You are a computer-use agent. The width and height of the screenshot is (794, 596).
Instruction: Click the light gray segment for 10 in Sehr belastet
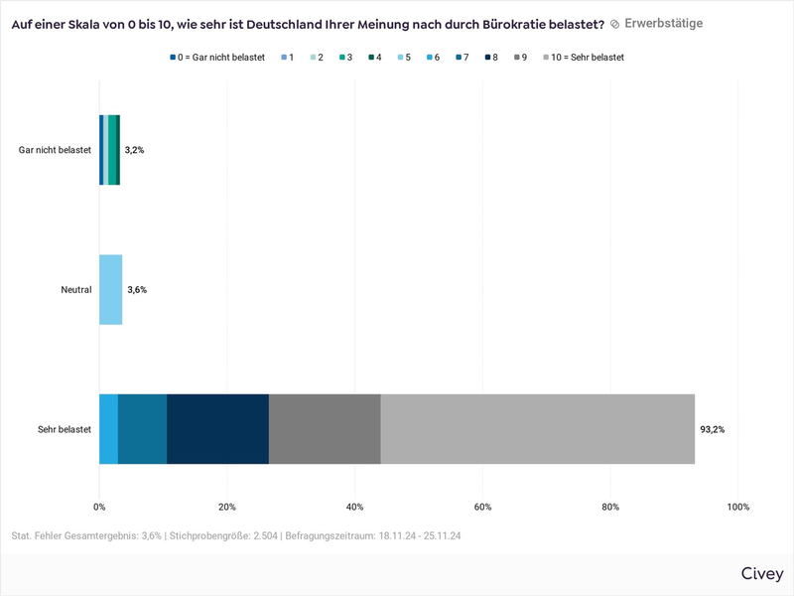click(x=537, y=429)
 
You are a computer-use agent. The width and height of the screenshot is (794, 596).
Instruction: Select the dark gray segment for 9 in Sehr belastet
click(x=325, y=429)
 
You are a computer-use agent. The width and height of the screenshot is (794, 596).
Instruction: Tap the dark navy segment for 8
click(x=217, y=429)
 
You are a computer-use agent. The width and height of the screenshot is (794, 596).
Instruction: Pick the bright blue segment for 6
click(x=108, y=429)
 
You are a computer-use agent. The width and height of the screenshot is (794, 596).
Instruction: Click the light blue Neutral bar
click(x=110, y=290)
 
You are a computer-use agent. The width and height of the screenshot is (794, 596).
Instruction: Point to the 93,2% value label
click(x=713, y=429)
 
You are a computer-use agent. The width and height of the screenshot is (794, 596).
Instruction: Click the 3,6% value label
click(x=137, y=290)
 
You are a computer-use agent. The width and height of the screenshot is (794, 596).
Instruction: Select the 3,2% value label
click(x=134, y=150)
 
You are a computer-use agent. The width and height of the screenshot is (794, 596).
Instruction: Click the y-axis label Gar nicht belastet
click(x=55, y=150)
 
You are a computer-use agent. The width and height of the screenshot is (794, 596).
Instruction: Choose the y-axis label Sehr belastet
click(x=65, y=429)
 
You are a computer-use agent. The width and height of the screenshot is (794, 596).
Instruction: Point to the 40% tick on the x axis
click(x=355, y=507)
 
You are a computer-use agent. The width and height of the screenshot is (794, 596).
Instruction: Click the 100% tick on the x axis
click(x=738, y=507)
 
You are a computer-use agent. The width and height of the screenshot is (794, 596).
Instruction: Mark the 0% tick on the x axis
click(x=99, y=507)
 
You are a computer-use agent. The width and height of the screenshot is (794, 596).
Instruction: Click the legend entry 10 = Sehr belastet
click(x=587, y=58)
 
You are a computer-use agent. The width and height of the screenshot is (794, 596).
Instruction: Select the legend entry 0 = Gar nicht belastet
click(x=220, y=58)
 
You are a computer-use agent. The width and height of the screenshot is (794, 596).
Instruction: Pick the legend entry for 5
click(x=410, y=58)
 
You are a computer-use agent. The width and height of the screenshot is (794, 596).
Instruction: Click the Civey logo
click(x=761, y=574)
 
